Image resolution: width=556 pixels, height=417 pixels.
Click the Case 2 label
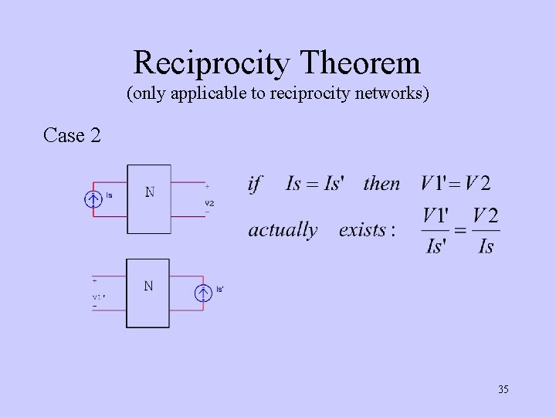point(72,135)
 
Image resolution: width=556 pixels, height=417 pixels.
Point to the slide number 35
point(503,389)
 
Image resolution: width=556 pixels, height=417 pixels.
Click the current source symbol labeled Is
point(93,200)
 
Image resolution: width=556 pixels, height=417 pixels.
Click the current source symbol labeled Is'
point(203,293)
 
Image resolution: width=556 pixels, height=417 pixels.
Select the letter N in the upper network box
point(149,192)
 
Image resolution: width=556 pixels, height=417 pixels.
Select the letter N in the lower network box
point(147,286)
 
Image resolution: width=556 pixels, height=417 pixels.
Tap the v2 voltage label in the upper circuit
point(209,203)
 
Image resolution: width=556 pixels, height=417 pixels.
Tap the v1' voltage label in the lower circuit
point(98,296)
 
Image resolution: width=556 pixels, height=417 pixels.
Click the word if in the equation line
point(255,184)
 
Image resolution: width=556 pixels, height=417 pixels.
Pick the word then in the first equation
point(381,184)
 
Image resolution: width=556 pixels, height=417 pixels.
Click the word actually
point(283,230)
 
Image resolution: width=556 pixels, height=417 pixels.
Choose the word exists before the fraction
point(367,230)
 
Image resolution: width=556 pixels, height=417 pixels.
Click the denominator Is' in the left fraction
point(436,246)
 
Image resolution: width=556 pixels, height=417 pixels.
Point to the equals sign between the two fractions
point(460,230)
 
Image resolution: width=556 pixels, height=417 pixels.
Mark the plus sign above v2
point(207,186)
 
